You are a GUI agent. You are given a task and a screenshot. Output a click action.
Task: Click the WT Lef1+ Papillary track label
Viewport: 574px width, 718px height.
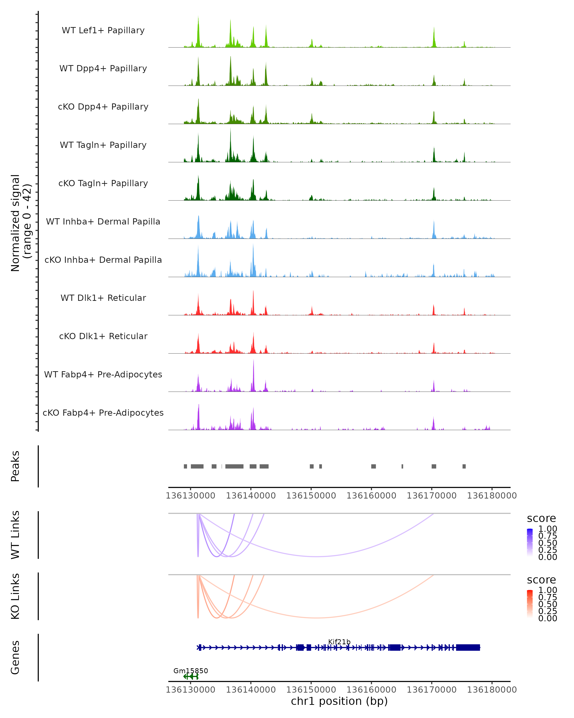coord(103,30)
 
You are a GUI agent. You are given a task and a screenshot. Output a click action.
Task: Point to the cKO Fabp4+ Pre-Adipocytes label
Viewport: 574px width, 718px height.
coord(103,413)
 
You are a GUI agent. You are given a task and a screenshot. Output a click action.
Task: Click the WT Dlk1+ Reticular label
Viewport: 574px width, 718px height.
coord(103,298)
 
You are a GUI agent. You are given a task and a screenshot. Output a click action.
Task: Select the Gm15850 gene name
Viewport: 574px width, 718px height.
coord(191,671)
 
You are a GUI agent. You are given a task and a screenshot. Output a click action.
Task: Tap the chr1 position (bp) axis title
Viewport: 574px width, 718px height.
coord(339,701)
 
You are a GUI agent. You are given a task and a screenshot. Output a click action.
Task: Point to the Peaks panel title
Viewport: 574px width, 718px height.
coord(15,466)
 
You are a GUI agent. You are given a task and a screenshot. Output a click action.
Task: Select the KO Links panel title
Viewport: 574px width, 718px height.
coord(15,596)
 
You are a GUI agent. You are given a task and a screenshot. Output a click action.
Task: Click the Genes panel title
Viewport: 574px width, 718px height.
coord(15,657)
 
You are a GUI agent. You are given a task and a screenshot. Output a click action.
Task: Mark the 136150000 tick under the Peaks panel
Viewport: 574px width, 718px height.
coord(311,496)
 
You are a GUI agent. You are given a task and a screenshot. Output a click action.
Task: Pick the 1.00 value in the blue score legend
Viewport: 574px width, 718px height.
coord(548,529)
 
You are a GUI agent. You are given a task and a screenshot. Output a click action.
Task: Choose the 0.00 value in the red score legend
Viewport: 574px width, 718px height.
coord(548,618)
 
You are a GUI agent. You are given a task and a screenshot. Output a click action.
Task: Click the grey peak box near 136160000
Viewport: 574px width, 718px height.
coord(373,466)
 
